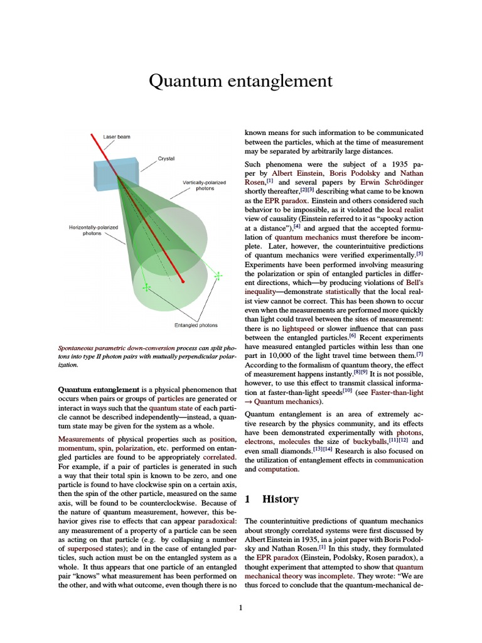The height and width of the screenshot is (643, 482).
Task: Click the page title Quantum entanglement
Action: pyautogui.click(x=240, y=81)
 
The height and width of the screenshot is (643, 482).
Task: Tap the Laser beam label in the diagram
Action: pyautogui.click(x=117, y=136)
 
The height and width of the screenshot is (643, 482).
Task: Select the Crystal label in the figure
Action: pyautogui.click(x=166, y=159)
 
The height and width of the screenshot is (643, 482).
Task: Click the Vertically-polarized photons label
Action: pyautogui.click(x=204, y=185)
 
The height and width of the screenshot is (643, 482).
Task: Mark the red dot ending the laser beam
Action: pyautogui.click(x=183, y=281)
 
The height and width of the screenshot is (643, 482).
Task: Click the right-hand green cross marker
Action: pyautogui.click(x=218, y=275)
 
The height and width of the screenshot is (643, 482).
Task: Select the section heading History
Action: pyautogui.click(x=280, y=499)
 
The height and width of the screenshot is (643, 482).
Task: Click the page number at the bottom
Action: pyautogui.click(x=240, y=607)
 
